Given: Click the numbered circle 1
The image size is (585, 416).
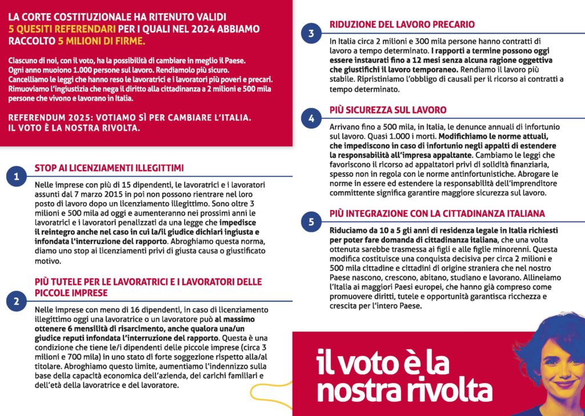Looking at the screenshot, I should tap(17, 177).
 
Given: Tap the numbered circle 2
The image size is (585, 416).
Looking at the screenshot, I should tap(17, 301).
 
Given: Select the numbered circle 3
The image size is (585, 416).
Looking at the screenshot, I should tap(311, 33).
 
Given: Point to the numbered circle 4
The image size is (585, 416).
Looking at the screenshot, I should tap(311, 118).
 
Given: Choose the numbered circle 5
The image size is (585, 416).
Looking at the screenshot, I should tap(311, 222).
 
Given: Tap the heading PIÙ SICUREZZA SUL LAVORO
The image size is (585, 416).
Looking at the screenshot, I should tap(388, 110).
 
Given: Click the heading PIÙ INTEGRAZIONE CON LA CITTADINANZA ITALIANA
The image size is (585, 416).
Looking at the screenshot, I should tap(437, 213).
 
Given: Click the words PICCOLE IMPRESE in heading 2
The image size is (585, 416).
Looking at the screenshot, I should tap(71, 293).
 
